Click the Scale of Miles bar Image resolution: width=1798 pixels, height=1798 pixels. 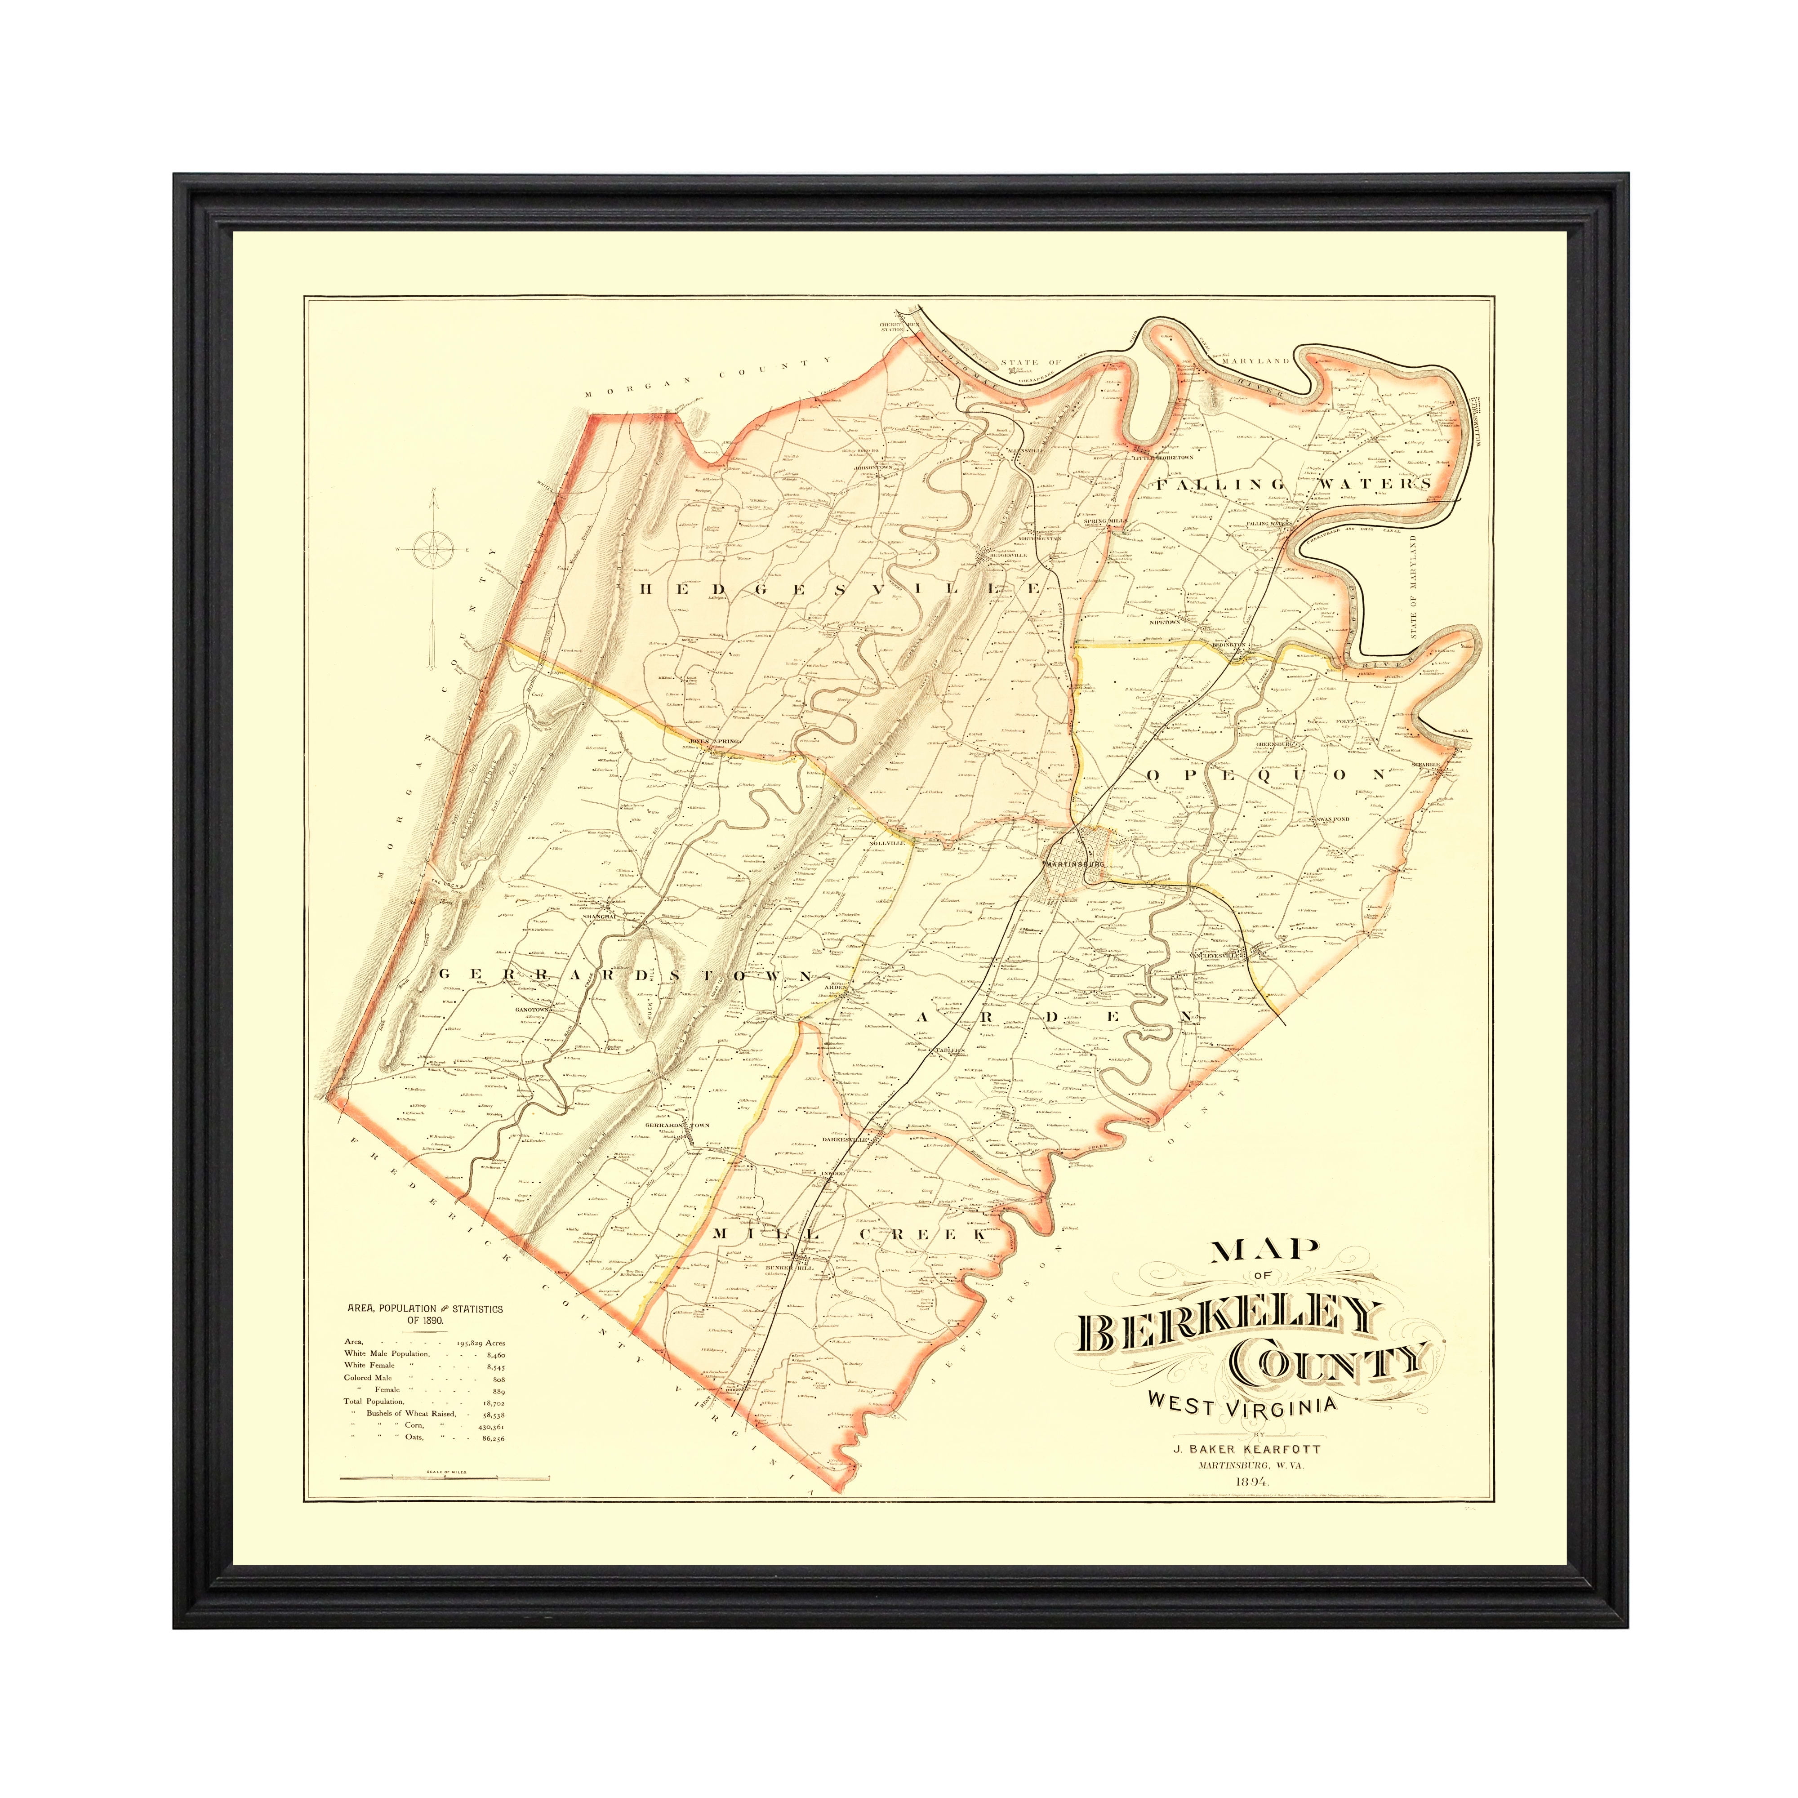[445, 1477]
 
